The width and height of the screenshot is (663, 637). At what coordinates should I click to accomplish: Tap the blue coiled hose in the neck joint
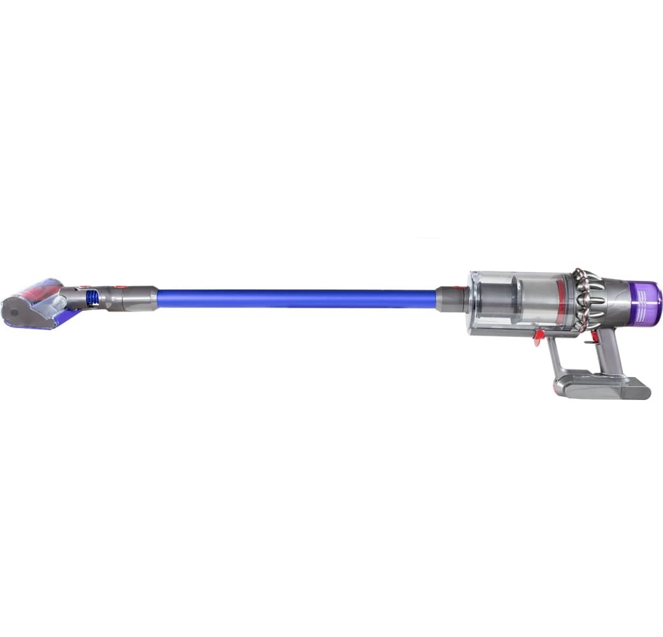(x=92, y=297)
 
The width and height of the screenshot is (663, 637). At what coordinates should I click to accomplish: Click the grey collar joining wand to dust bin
(x=452, y=299)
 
